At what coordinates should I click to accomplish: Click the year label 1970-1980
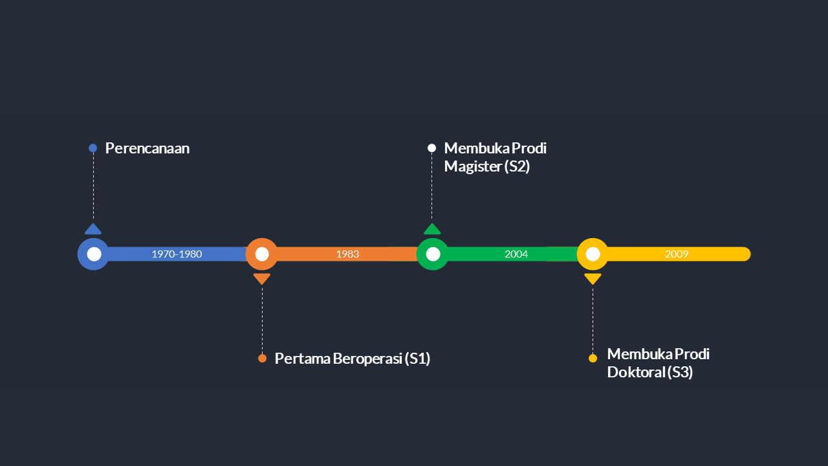tap(177, 254)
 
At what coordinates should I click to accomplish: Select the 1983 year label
tap(347, 254)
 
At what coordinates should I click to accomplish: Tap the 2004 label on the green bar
tap(516, 254)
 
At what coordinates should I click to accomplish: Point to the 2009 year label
tap(677, 254)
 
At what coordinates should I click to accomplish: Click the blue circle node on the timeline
tap(94, 254)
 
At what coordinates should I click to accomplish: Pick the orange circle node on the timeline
tap(262, 254)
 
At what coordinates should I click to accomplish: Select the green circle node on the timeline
tap(433, 254)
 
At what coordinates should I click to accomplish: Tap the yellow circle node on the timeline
tap(593, 254)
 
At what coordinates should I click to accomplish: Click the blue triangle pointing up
tap(93, 229)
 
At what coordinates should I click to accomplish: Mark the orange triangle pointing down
tap(262, 278)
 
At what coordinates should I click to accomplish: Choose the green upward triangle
tap(432, 229)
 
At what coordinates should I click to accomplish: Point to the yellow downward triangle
tap(593, 278)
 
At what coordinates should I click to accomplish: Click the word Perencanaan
tap(147, 148)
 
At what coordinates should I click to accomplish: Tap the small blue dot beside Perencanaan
tap(93, 148)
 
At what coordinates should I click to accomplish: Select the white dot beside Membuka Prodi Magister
tap(432, 148)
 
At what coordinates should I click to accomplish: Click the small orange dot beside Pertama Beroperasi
tap(262, 359)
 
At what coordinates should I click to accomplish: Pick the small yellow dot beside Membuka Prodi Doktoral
tap(593, 359)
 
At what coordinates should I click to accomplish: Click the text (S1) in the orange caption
tap(417, 359)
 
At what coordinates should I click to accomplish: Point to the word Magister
tap(473, 166)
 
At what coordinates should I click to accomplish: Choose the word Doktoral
tap(637, 372)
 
